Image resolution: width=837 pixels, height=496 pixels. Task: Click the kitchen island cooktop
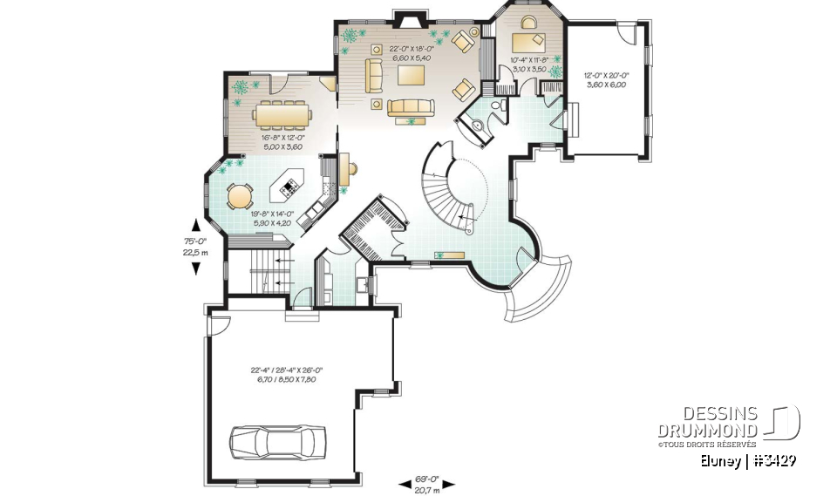click(x=289, y=184)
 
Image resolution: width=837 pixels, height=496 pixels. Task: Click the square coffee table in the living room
click(x=411, y=76)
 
